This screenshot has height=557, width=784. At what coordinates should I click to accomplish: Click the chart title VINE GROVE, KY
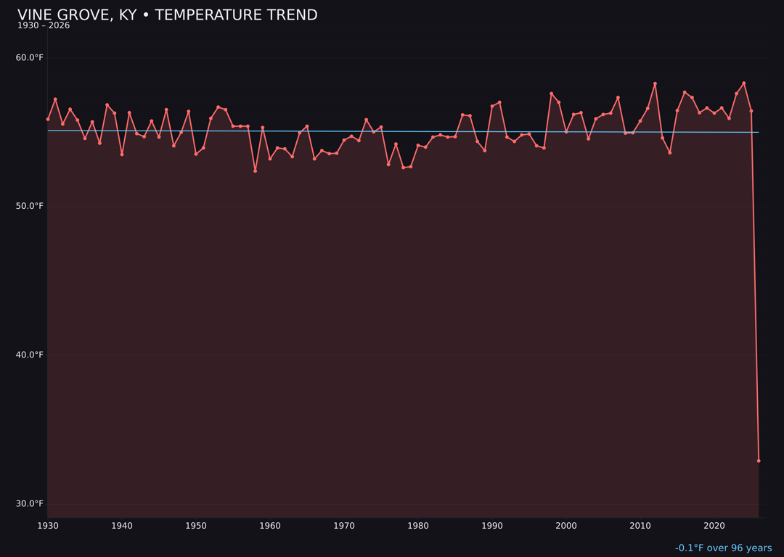point(167,15)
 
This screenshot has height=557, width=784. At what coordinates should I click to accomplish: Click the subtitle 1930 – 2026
point(44,26)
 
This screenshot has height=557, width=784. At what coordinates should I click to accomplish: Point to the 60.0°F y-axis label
point(30,58)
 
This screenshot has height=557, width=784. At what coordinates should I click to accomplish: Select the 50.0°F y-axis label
point(30,206)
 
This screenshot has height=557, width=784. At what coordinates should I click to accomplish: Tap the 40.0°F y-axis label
point(30,355)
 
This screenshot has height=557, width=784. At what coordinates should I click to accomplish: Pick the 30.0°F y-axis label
point(30,503)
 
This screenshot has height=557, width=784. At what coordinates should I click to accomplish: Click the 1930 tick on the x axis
point(48,526)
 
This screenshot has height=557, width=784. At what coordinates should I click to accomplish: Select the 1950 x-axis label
point(196,526)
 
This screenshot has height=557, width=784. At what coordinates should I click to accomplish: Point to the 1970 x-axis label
point(344,526)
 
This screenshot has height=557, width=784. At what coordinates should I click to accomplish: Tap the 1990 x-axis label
point(492,526)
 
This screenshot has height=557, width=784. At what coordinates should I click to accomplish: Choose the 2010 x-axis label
point(640,526)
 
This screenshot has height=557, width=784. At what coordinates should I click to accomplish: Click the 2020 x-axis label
point(714,526)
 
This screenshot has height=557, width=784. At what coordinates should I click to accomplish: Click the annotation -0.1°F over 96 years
point(723,548)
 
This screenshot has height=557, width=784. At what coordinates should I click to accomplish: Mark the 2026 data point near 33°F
point(759,461)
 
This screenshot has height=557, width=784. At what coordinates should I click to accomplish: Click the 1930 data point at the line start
point(48,119)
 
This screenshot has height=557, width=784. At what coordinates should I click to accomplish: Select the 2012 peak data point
point(655,83)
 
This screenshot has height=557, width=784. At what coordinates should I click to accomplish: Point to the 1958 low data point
point(255,170)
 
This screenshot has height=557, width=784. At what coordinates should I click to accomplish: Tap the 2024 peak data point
point(744,83)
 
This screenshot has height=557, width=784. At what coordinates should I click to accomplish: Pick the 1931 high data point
point(55,99)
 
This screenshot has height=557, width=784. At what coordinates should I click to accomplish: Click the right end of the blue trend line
point(759,132)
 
